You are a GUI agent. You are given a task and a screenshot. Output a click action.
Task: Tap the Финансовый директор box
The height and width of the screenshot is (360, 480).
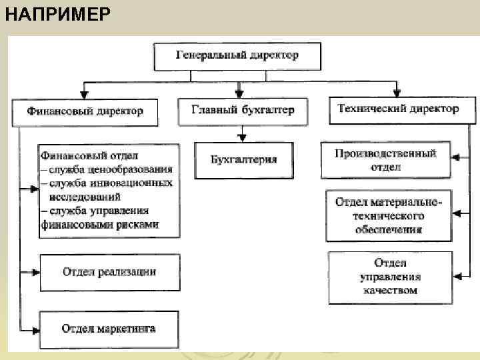[85, 112]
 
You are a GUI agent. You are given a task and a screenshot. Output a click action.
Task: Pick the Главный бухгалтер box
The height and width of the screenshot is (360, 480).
[243, 111]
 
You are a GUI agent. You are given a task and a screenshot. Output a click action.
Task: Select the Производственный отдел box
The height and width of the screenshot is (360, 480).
[386, 160]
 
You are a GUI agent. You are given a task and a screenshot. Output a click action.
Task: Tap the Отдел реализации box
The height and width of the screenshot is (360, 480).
[109, 271]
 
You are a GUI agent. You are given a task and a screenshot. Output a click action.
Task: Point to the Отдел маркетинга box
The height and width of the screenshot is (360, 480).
[109, 329]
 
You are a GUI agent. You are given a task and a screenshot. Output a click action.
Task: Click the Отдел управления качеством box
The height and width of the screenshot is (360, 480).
[390, 276]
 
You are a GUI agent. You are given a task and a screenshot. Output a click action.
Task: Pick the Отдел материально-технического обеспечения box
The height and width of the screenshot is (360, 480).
[389, 215]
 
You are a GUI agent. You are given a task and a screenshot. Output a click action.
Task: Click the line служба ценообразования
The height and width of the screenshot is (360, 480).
[110, 170]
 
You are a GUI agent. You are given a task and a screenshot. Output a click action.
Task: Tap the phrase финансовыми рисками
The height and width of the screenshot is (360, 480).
[100, 225]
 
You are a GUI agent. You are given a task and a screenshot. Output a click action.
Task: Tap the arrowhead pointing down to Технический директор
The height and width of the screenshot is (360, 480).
[397, 92]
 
